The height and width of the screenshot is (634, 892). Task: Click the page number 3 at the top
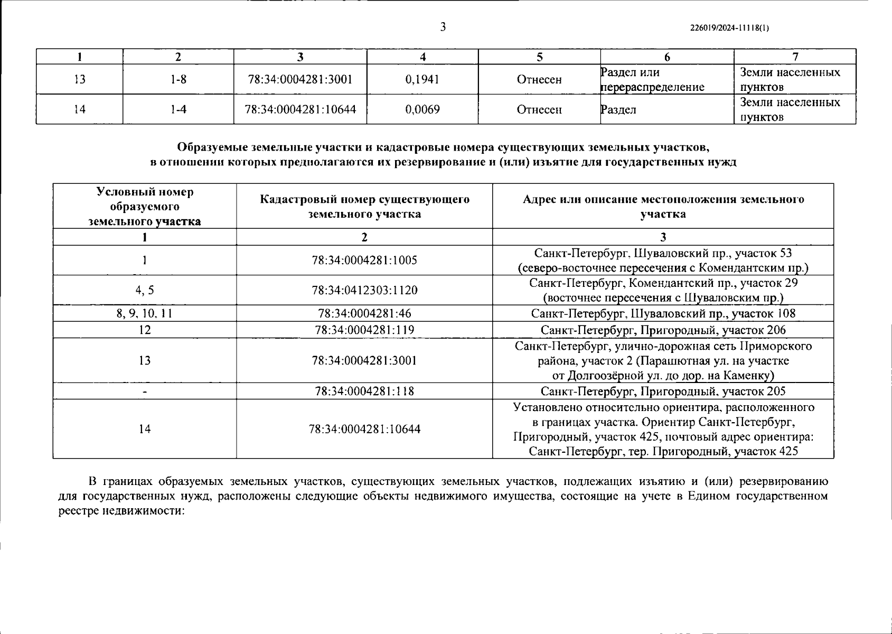pos(443,27)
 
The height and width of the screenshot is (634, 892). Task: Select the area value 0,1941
pos(422,80)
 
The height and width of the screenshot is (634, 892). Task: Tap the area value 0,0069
pos(422,110)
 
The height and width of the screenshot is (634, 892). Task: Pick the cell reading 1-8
pos(179,80)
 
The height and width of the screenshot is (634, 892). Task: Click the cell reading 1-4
pos(179,110)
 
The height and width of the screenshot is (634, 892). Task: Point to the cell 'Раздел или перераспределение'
pos(653,80)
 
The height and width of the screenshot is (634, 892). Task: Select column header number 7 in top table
pos(795,57)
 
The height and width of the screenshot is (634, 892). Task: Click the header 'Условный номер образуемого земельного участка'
pos(145,207)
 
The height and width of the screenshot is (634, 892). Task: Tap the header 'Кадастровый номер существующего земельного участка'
pos(364,207)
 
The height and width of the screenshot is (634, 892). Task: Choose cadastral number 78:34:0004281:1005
pos(364,260)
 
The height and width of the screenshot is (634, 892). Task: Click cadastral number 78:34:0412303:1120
pos(364,290)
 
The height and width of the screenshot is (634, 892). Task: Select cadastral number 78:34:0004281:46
pos(364,314)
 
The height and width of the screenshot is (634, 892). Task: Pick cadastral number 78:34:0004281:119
pos(364,330)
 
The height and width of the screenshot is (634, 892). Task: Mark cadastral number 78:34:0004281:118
pos(364,391)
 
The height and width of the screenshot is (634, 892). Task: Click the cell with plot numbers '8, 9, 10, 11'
pos(145,314)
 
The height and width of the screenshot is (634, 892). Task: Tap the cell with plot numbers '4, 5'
pos(145,290)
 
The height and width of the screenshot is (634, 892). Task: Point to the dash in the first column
pos(145,392)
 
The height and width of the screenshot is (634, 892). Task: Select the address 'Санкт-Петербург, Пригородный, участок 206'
pos(663,330)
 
